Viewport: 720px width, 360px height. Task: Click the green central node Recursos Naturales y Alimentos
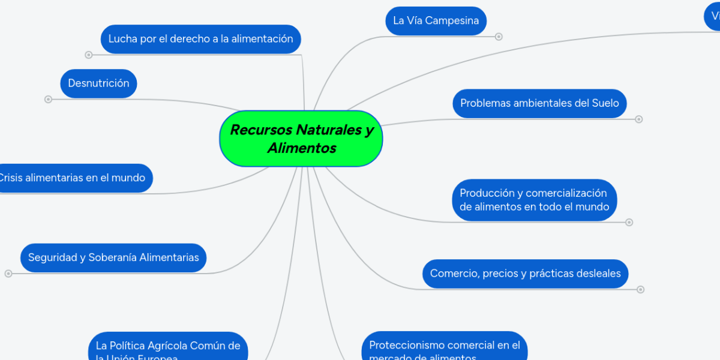301,139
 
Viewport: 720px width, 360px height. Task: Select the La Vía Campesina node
436,21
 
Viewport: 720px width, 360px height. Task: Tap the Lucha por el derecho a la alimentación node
200,39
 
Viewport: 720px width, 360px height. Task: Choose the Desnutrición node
98,83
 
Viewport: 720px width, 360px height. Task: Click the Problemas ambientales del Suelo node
539,103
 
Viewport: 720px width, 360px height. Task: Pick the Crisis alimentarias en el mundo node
73,178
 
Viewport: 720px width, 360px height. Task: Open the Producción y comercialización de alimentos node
534,200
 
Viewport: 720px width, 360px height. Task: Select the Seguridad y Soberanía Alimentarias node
113,257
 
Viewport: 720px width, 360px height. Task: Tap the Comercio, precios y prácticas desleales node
525,274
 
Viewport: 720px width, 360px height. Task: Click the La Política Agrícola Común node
168,348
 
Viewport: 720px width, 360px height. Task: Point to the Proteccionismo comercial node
445,348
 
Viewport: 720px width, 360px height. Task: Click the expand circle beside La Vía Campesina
499,37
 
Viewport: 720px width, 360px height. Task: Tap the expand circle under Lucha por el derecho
89,55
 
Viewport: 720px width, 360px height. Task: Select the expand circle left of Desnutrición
49,99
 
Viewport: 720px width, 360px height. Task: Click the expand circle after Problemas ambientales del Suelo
639,119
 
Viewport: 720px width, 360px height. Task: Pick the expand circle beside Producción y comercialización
629,222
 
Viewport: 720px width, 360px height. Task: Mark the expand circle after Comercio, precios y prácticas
641,289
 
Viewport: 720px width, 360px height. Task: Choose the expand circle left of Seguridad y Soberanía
8,274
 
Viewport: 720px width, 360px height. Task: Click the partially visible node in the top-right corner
712,17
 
